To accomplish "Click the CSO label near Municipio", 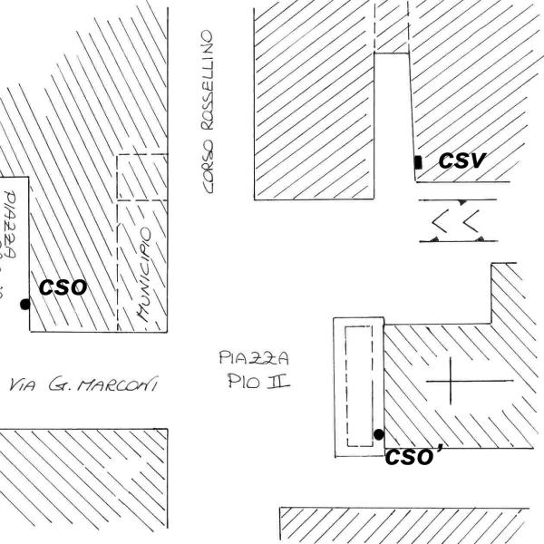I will [63, 287].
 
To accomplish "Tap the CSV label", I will [462, 161].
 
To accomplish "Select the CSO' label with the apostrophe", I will [413, 457].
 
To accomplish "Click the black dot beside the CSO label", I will [25, 304].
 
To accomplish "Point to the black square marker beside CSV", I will [417, 162].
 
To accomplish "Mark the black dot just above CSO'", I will [378, 434].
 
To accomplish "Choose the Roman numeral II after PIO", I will [277, 381].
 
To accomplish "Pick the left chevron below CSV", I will [442, 220].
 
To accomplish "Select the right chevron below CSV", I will [471, 220].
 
